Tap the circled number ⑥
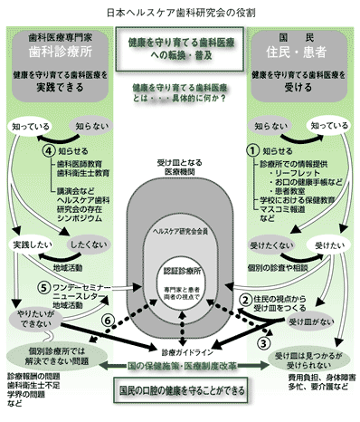click(x=109, y=321)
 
